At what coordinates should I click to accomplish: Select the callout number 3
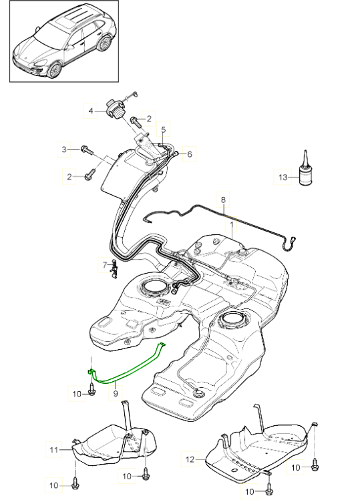(65, 149)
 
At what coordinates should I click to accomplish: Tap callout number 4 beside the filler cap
(91, 111)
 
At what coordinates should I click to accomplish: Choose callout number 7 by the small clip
(105, 264)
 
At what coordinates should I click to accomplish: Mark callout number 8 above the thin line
(224, 199)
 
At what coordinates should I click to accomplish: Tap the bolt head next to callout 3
(84, 149)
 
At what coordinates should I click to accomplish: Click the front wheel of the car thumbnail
(54, 68)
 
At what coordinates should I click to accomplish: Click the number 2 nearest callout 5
(149, 118)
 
